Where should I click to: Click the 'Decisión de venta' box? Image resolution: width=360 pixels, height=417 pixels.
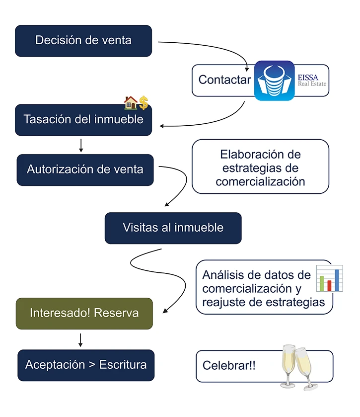pyautogui.click(x=83, y=41)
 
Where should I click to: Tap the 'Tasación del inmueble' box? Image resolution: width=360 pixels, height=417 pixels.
pyautogui.click(x=83, y=120)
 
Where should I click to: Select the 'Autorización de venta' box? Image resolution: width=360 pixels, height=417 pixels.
pyautogui.click(x=85, y=170)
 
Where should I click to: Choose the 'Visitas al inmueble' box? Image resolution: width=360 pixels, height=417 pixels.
pyautogui.click(x=173, y=228)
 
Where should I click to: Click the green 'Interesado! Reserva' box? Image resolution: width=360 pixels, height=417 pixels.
pyautogui.click(x=84, y=314)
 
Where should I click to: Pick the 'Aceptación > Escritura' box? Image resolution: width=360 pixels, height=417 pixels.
pyautogui.click(x=86, y=365)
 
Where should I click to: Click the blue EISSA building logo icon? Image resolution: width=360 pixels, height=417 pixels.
pyautogui.click(x=274, y=81)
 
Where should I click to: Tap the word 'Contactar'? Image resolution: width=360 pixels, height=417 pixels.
pyautogui.click(x=224, y=80)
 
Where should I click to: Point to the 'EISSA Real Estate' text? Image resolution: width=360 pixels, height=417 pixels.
pyautogui.click(x=312, y=81)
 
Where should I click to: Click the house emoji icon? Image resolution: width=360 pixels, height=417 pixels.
pyautogui.click(x=131, y=103)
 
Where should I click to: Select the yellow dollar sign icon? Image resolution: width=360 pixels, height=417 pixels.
pyautogui.click(x=144, y=103)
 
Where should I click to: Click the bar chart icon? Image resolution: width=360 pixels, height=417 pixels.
pyautogui.click(x=329, y=278)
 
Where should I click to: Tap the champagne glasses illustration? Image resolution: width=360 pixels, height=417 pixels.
pyautogui.click(x=298, y=367)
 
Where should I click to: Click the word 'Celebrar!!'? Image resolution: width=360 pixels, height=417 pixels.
pyautogui.click(x=229, y=365)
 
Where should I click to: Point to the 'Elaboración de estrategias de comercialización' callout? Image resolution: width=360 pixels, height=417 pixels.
pyautogui.click(x=260, y=167)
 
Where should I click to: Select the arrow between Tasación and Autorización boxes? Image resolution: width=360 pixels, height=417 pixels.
pyautogui.click(x=81, y=145)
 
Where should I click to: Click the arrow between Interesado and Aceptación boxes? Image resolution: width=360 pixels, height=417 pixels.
pyautogui.click(x=80, y=340)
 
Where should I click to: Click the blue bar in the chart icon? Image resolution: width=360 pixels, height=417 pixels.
pyautogui.click(x=337, y=280)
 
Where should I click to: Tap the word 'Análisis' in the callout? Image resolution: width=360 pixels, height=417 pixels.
pyautogui.click(x=225, y=275)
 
